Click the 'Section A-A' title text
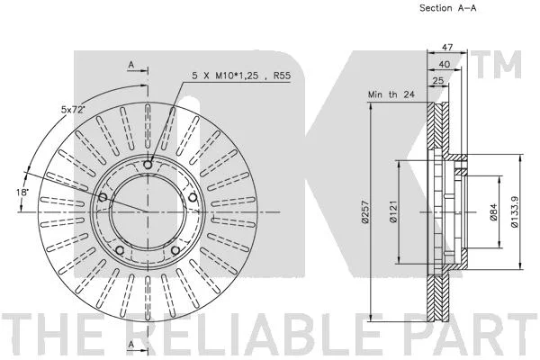point(447,8)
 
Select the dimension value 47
point(447,47)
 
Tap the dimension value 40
point(445,64)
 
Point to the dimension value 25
point(438,81)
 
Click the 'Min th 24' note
point(391,94)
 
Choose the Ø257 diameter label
point(365,211)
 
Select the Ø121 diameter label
point(393,211)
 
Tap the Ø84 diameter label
point(493,211)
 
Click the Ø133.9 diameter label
point(514,211)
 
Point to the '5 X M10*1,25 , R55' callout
point(241,76)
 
